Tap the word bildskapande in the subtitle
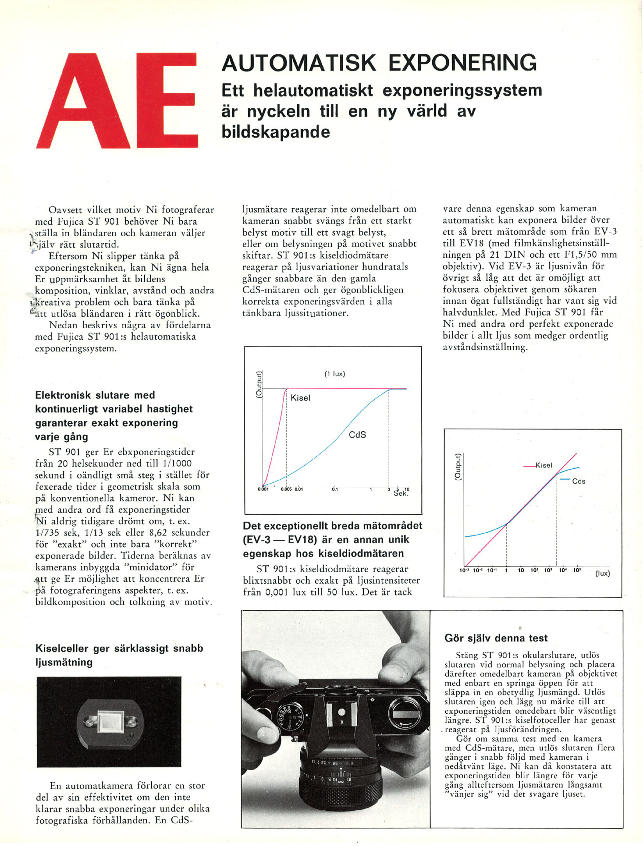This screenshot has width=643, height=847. [x=275, y=132]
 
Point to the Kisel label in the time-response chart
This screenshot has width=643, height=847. [x=300, y=398]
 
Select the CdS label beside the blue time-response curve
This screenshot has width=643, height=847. [x=357, y=435]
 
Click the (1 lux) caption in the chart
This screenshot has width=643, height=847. [x=335, y=374]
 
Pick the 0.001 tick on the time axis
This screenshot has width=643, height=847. [x=263, y=489]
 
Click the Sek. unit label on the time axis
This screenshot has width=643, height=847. [x=401, y=494]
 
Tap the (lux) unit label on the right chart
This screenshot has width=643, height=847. [x=602, y=573]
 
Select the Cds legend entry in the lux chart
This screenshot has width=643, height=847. [x=578, y=481]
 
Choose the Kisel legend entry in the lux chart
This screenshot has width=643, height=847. [x=544, y=465]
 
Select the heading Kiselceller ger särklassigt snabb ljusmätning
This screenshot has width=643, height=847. [x=119, y=655]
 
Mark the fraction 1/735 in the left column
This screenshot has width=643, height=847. [x=48, y=533]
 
